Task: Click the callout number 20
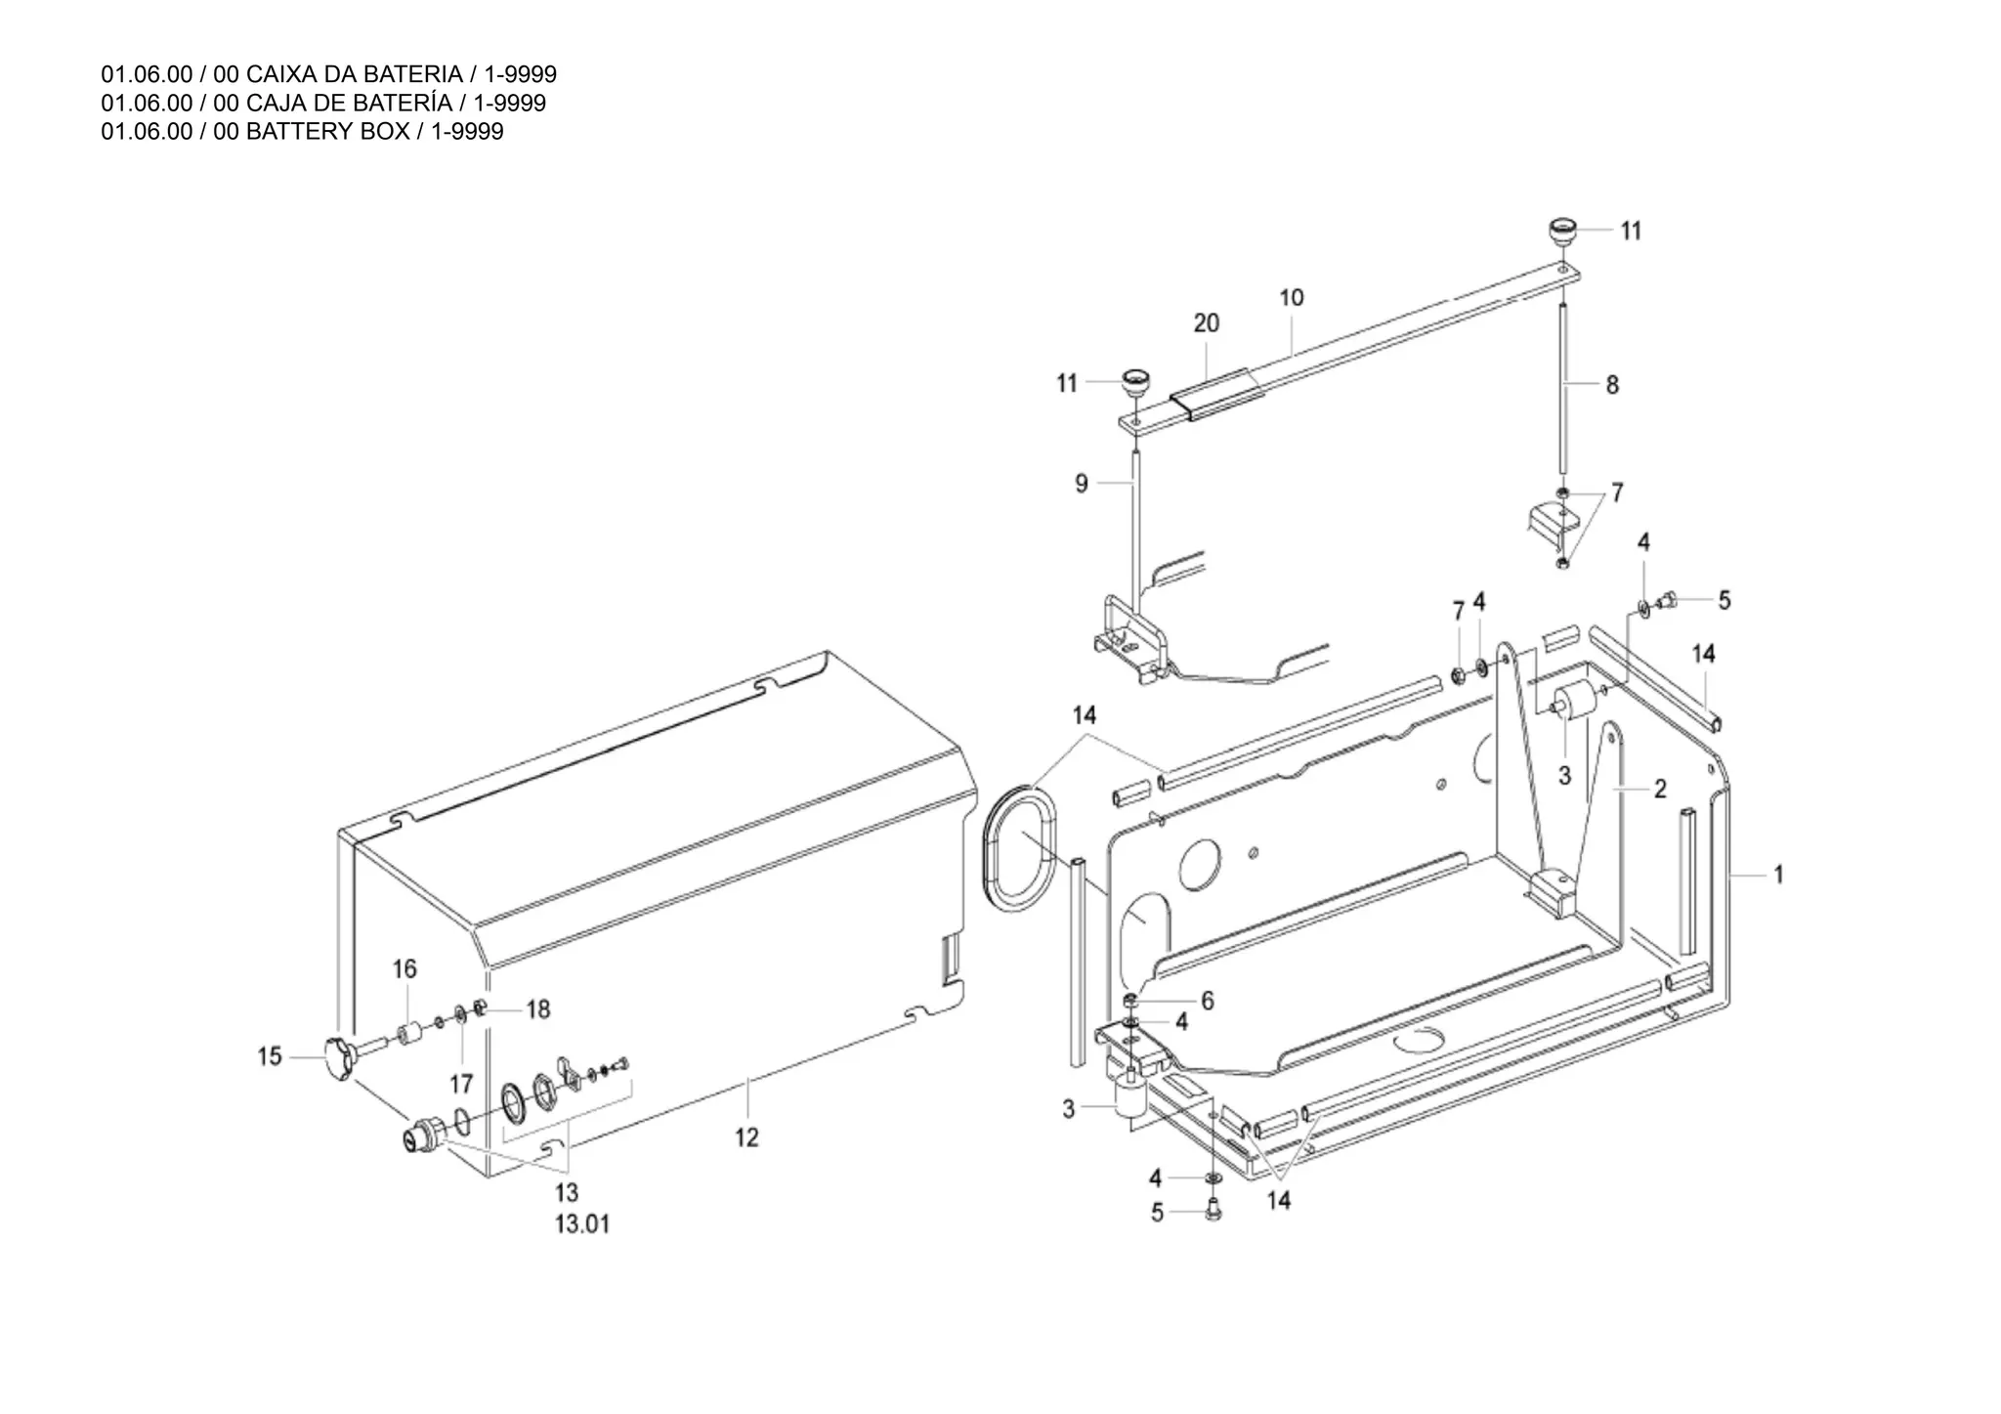click(1206, 323)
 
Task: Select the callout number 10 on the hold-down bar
click(1291, 298)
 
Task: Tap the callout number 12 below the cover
click(746, 1137)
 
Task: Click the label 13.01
click(582, 1224)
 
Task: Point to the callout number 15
click(270, 1056)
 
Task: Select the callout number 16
click(404, 968)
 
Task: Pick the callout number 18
click(538, 1009)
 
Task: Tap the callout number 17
click(461, 1084)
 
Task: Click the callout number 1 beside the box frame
click(1778, 875)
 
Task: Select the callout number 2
click(1660, 789)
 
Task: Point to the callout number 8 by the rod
click(1612, 385)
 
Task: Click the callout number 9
click(1081, 484)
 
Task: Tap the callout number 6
click(1208, 1001)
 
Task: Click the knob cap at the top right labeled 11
click(1561, 235)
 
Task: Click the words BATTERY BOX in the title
click(327, 132)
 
